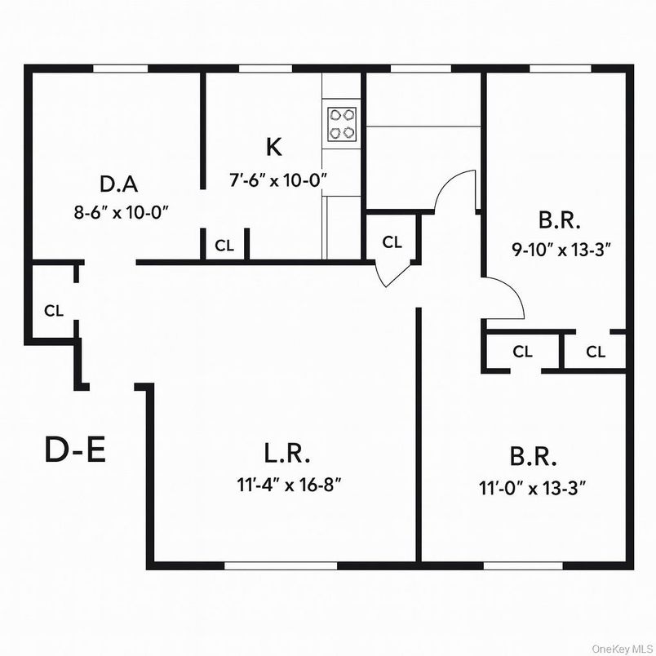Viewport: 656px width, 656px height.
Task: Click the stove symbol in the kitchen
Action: (342, 123)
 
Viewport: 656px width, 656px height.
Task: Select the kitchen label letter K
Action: (274, 147)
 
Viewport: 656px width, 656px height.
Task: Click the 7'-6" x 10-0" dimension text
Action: (277, 180)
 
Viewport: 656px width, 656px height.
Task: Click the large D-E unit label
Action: (75, 450)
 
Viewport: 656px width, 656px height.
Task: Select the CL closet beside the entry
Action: (54, 310)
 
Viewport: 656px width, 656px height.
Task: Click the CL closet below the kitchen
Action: (224, 245)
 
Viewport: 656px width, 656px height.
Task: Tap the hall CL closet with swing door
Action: (392, 242)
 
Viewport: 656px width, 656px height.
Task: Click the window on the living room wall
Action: (280, 565)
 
